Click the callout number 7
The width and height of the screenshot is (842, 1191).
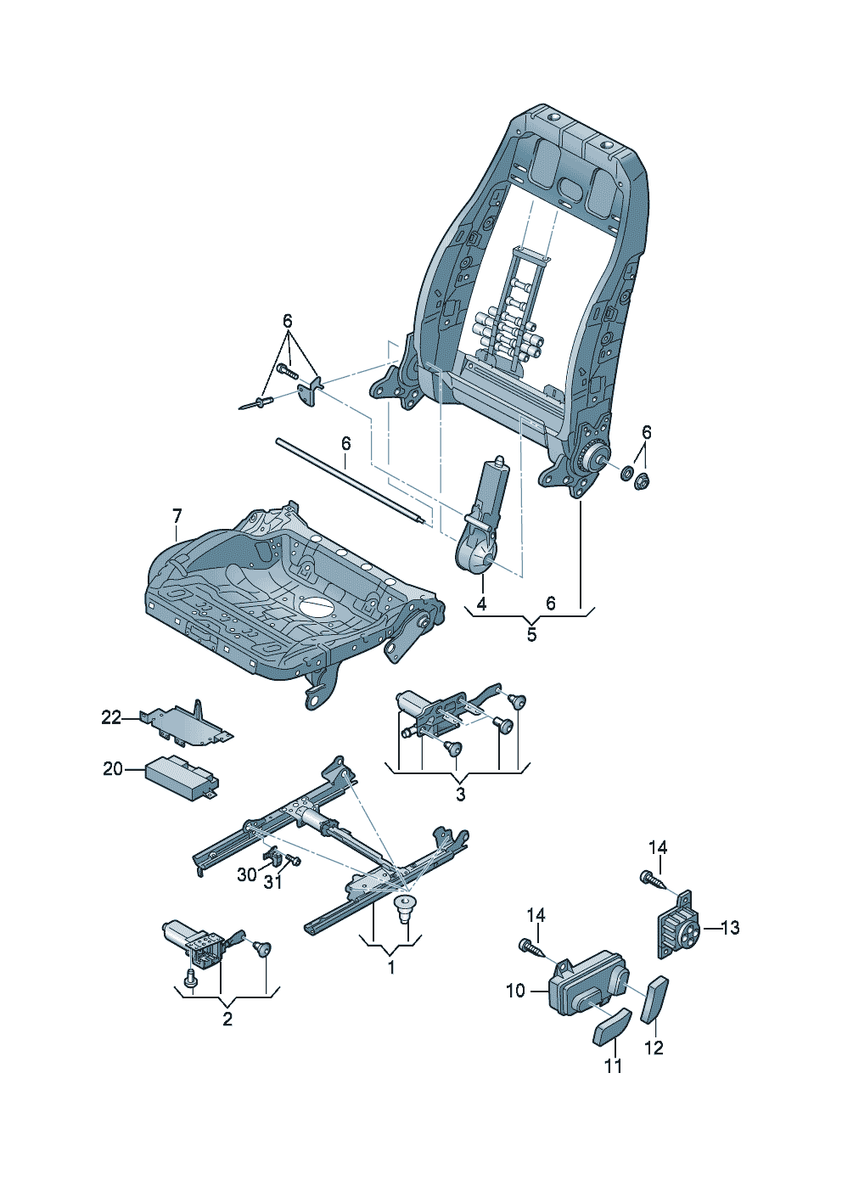(177, 516)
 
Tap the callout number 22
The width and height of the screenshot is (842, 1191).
(111, 718)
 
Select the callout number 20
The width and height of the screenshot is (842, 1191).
(113, 769)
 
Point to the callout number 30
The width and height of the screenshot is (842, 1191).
(246, 874)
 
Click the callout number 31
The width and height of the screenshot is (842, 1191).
(272, 882)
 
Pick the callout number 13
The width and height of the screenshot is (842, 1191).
(729, 928)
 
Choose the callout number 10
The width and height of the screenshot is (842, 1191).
(516, 991)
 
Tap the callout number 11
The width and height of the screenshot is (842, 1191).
(613, 1066)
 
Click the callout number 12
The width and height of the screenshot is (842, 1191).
(654, 1048)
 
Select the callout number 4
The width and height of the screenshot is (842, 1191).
(481, 604)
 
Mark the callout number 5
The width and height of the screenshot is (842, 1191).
(531, 634)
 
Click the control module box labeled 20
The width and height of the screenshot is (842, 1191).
(180, 774)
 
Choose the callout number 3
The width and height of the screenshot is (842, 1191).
(460, 795)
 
